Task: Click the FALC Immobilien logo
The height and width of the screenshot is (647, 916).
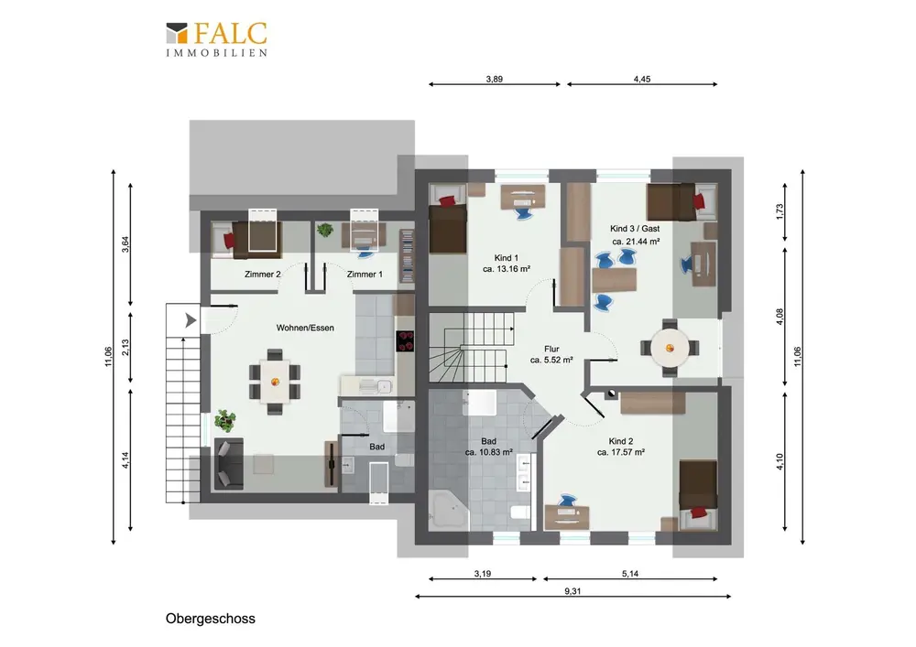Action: (217, 39)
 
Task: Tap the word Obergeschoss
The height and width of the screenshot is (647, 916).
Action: (211, 619)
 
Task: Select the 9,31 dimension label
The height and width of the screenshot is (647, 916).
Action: (572, 591)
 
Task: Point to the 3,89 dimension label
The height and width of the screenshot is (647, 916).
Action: (495, 79)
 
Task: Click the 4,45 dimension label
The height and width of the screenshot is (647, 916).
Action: (642, 79)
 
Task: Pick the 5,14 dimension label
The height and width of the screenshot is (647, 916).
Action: (630, 574)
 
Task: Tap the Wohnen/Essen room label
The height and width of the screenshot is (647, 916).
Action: (305, 328)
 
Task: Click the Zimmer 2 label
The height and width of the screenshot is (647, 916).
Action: (262, 275)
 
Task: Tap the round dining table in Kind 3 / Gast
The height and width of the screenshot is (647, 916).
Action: (671, 349)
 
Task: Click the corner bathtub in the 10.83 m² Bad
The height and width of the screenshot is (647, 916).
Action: (448, 510)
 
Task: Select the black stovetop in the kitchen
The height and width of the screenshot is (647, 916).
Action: (405, 341)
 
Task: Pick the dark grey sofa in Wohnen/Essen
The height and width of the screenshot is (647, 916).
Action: (229, 464)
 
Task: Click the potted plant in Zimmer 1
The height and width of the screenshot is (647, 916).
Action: (325, 230)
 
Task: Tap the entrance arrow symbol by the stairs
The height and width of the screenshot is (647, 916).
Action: (191, 320)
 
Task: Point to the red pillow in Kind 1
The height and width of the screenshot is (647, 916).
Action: (447, 201)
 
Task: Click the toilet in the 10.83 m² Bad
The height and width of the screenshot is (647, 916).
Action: (519, 512)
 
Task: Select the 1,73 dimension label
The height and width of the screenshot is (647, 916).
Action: (780, 211)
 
